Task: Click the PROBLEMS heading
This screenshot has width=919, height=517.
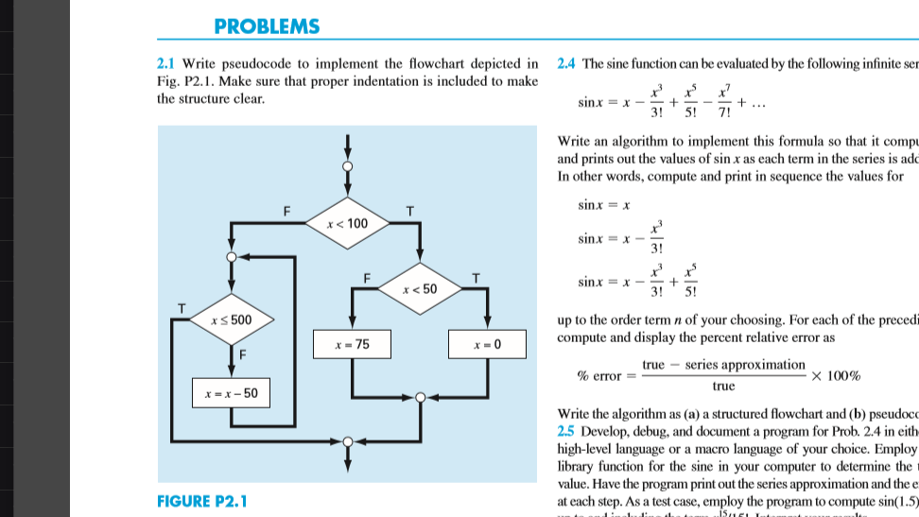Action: [268, 26]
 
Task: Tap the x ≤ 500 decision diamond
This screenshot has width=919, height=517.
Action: [232, 319]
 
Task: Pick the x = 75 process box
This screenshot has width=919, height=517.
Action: [352, 345]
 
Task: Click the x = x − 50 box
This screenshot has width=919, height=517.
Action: [232, 392]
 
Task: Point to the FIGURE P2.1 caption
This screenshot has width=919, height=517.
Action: [202, 499]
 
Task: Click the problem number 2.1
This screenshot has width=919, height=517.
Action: [165, 64]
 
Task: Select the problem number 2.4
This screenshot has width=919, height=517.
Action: [567, 64]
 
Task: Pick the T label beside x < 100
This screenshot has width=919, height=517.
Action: [408, 210]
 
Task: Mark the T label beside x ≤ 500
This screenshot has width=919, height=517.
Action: [181, 306]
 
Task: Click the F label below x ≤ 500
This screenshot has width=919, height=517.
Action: [242, 354]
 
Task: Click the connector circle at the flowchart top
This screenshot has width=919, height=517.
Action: [348, 165]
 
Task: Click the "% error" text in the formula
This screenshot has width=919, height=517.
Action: [598, 376]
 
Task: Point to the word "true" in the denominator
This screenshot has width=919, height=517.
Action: [723, 386]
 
